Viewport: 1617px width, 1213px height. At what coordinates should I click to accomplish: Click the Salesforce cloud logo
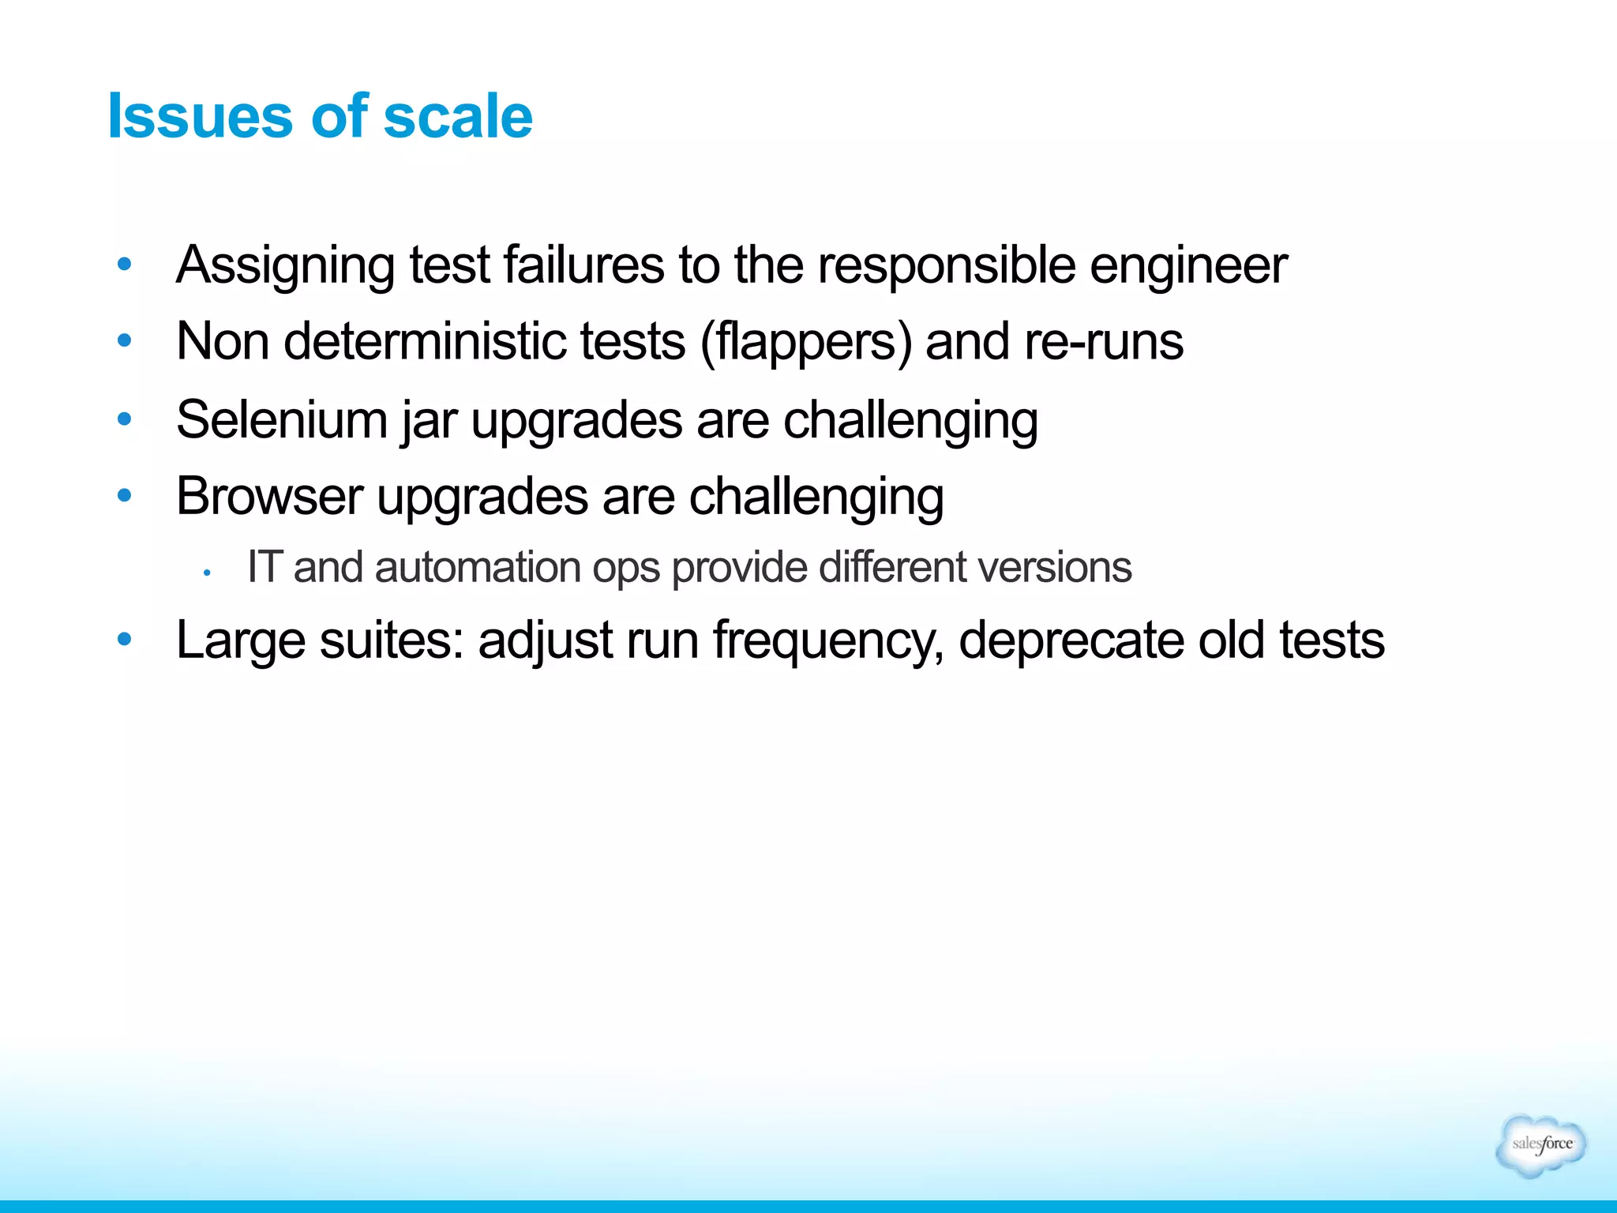(1540, 1145)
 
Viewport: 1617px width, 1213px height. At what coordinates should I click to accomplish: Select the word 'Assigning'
(285, 265)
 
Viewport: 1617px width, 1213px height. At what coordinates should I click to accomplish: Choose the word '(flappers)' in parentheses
(805, 343)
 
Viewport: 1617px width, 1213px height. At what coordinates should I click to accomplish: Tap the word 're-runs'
(1103, 341)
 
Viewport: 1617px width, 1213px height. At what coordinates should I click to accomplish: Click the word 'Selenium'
(281, 419)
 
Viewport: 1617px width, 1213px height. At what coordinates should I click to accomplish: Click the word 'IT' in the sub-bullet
(264, 567)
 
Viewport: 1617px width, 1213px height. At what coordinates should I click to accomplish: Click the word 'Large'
(240, 640)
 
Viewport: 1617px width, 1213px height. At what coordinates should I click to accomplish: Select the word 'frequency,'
(828, 640)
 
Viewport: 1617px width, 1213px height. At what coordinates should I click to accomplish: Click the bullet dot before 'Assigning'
(124, 265)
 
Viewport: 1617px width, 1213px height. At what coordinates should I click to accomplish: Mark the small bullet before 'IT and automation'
(205, 573)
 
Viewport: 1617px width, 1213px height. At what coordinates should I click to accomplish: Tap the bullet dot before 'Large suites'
(124, 639)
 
